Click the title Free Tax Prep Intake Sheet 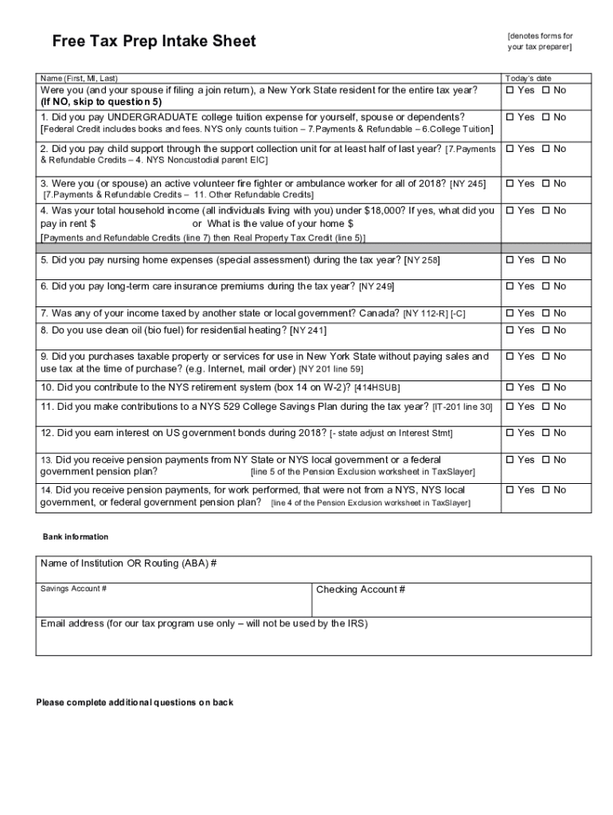[154, 41]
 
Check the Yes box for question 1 [510, 118]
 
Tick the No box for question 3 [545, 184]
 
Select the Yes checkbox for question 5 [510, 260]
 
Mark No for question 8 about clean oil [545, 330]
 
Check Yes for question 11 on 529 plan [510, 407]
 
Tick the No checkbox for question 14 [545, 490]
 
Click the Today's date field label [528, 79]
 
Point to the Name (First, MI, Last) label [80, 79]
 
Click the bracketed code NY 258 [422, 261]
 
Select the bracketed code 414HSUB [377, 388]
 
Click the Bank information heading [76, 537]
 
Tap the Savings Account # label [74, 589]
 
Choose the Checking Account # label [361, 590]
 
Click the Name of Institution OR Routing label [128, 563]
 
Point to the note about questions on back [135, 703]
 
